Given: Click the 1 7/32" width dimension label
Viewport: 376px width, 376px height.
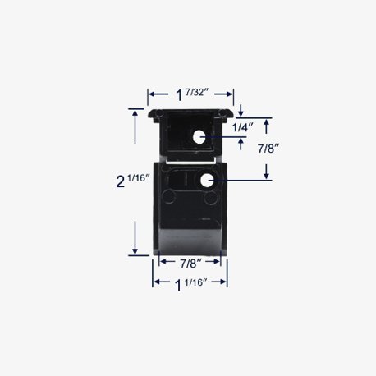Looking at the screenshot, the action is (x=190, y=94).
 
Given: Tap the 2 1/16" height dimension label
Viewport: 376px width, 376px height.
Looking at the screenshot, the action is (x=133, y=181).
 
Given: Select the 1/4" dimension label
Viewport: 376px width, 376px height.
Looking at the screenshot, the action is (x=243, y=127).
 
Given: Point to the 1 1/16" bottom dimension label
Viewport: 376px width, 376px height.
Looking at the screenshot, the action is (x=190, y=284).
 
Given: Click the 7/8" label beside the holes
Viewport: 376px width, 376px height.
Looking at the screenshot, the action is (x=268, y=149).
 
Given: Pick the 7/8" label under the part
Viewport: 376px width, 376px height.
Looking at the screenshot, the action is (x=190, y=264).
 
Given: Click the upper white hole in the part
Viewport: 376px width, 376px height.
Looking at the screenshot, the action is (x=199, y=137).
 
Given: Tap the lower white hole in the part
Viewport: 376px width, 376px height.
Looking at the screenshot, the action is (x=207, y=181).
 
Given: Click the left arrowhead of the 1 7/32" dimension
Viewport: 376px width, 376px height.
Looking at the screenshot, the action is (x=151, y=94).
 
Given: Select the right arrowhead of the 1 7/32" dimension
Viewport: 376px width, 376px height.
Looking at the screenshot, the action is (x=229, y=94).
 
